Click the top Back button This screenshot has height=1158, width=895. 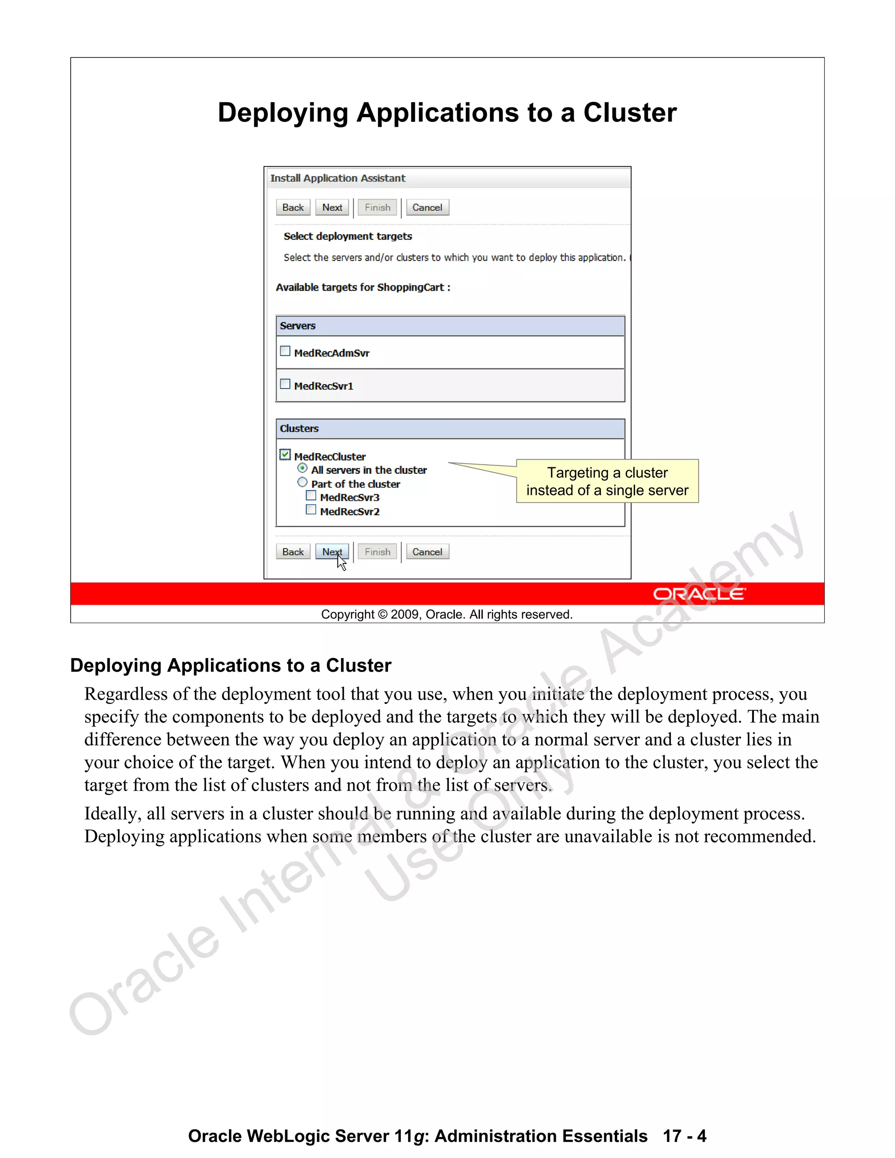(293, 207)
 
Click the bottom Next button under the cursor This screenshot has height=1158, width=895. (332, 551)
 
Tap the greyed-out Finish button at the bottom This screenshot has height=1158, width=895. (377, 551)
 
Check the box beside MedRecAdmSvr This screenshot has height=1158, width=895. (285, 351)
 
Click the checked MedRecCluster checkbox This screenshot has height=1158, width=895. (285, 454)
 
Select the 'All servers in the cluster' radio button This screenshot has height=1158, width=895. (302, 468)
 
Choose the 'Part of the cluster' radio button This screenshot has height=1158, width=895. (302, 482)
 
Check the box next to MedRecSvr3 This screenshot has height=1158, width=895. (311, 496)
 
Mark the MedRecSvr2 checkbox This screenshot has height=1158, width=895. (311, 510)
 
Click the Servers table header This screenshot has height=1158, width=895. (450, 326)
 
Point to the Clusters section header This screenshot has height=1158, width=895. (450, 428)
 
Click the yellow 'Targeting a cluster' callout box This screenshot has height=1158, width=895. (607, 481)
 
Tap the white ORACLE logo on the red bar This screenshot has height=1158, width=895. (699, 594)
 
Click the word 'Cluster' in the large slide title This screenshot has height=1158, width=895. (629, 113)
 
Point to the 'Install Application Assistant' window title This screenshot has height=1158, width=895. (338, 178)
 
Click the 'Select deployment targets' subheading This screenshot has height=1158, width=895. (348, 236)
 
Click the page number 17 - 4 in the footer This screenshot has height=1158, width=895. (684, 1136)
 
